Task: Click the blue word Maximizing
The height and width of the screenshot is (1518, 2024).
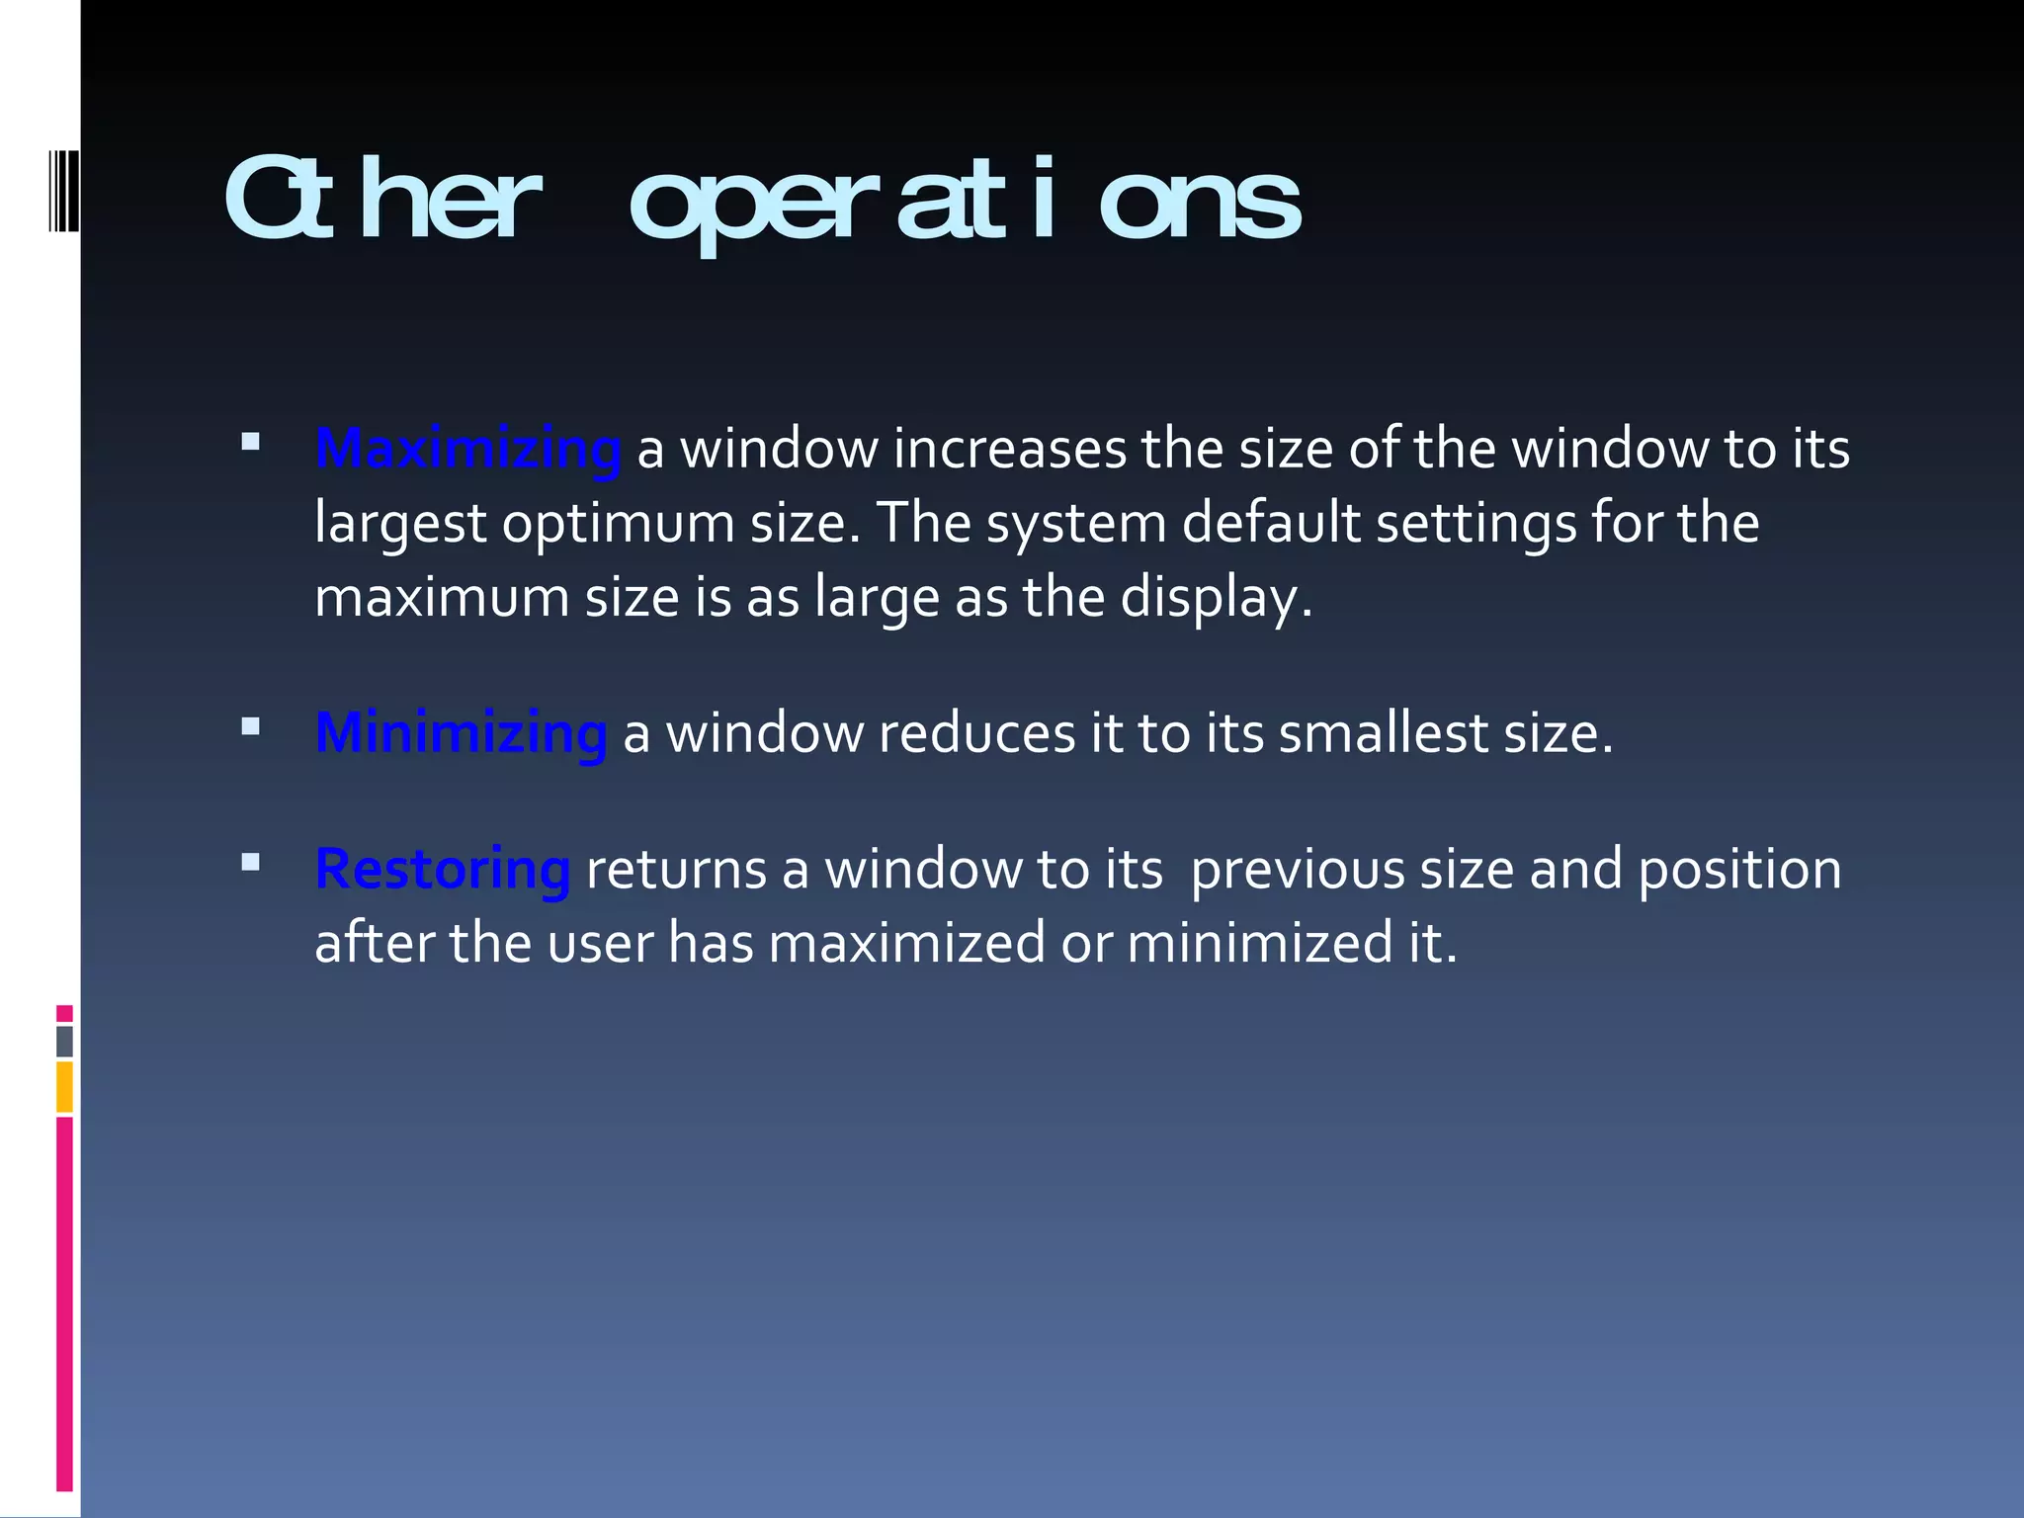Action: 467,450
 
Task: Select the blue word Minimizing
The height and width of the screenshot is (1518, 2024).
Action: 461,733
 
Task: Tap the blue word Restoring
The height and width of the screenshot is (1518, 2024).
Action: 442,870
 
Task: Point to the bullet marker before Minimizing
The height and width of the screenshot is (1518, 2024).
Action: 250,726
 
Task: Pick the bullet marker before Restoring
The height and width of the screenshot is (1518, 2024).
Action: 250,863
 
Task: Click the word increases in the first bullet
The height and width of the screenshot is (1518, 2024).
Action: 1009,450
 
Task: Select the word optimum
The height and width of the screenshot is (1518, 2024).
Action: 618,523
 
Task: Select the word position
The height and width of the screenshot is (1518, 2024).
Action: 1739,870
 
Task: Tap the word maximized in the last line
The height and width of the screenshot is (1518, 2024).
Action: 906,943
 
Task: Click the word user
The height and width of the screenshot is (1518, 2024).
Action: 600,943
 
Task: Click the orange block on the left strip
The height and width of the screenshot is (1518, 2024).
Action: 64,1087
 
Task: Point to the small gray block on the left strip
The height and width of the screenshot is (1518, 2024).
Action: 64,1042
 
